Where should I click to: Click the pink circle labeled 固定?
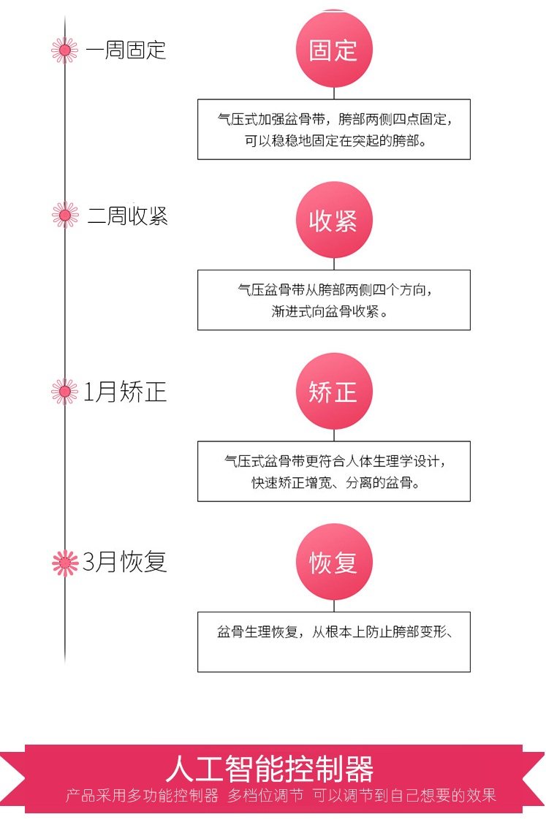pos(334,50)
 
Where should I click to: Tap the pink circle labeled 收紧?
pos(334,220)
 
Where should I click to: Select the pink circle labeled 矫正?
pos(334,392)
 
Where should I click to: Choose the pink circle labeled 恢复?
pos(334,563)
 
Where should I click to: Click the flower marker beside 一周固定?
pos(64,50)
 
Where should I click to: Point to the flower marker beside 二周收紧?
pos(64,215)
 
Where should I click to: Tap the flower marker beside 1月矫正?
pos(64,392)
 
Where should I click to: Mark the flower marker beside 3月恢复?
pos(64,562)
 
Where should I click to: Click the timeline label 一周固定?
pos(126,50)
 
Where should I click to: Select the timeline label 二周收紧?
pos(127,216)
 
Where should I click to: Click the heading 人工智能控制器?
pos(270,769)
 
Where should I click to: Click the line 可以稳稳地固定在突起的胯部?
pos(335,140)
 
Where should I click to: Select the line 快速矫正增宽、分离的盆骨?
pos(334,483)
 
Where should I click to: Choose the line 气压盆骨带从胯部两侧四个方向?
pos(334,289)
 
